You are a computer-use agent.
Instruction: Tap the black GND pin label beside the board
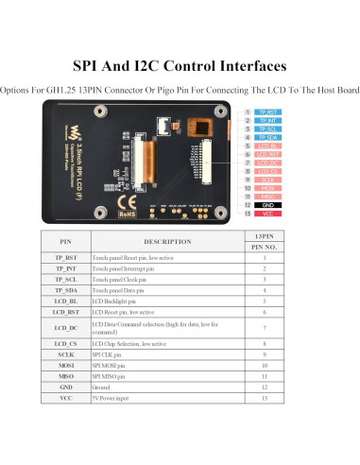[x=267, y=204]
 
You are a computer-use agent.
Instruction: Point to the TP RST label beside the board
[x=267, y=112]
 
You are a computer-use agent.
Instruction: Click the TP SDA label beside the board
[x=267, y=138]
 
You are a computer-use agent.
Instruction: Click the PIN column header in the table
[x=65, y=241]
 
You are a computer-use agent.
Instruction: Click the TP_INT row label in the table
[x=65, y=268]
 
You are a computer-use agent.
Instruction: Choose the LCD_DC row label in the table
[x=65, y=326]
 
